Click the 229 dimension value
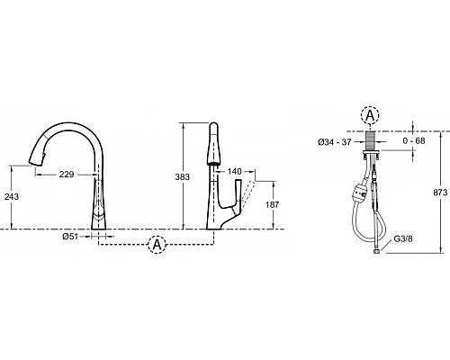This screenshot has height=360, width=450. [x=67, y=175]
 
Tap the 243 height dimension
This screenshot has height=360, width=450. [x=12, y=197]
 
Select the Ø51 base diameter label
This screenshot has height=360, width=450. [x=70, y=237]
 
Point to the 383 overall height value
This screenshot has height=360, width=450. [x=183, y=177]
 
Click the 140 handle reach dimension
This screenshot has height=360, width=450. [x=234, y=171]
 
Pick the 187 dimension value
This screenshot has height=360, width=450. [x=273, y=204]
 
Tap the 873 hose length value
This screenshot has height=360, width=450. [x=440, y=193]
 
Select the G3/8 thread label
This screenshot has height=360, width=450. [x=403, y=238]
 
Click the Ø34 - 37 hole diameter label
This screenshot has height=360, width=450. [x=335, y=142]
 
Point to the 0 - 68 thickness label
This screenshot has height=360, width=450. [x=414, y=140]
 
